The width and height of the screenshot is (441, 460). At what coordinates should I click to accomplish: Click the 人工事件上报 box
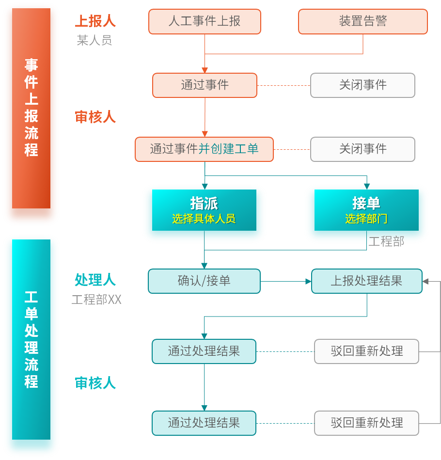click(x=205, y=21)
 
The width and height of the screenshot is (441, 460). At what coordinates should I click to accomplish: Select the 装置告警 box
click(x=362, y=21)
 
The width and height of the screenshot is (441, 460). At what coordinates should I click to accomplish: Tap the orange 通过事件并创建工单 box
click(x=204, y=149)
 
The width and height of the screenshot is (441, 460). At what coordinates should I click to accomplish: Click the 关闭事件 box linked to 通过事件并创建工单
click(x=362, y=149)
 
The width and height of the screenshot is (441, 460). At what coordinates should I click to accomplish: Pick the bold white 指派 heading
click(x=204, y=203)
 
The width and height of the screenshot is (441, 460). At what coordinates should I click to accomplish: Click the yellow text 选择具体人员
click(x=204, y=219)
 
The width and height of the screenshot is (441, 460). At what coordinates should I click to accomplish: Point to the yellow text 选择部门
click(x=366, y=219)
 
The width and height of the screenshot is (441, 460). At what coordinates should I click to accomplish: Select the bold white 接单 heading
click(x=366, y=203)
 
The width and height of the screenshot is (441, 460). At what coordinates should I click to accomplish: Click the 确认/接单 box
click(x=204, y=281)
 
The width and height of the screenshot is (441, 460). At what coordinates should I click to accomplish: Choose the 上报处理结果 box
click(x=366, y=281)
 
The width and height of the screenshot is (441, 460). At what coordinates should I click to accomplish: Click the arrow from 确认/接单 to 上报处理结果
click(x=286, y=281)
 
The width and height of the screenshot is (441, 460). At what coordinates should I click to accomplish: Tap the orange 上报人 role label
click(x=95, y=21)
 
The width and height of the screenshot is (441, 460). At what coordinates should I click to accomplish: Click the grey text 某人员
click(x=94, y=40)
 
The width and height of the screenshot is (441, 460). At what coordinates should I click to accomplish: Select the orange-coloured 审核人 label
click(x=95, y=117)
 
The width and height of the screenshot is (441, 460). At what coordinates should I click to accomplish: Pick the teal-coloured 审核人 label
click(x=95, y=383)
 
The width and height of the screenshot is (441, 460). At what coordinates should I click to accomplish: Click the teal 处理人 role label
click(x=95, y=280)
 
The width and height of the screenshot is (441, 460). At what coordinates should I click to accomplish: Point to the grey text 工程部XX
click(x=96, y=300)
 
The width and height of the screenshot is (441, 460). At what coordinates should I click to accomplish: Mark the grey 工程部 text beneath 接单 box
click(x=386, y=241)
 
